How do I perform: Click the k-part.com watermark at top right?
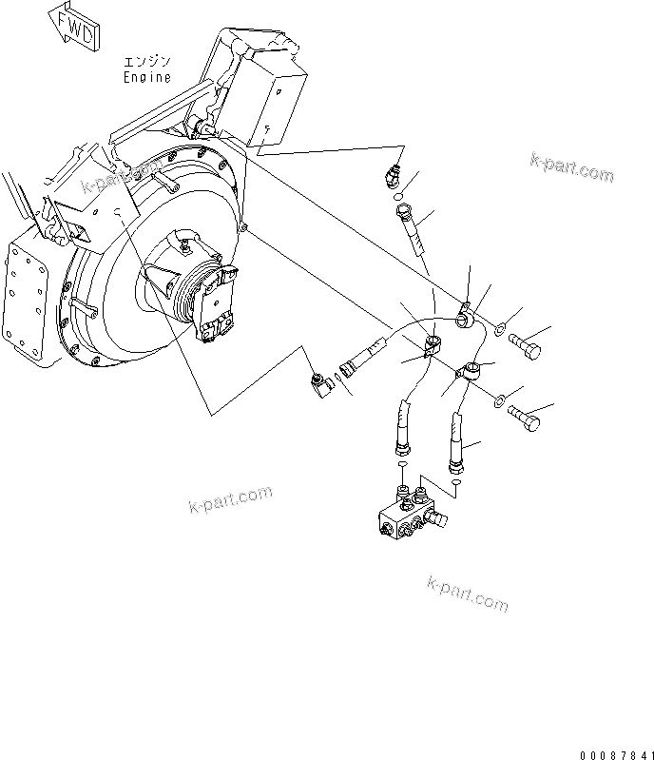[x=571, y=167]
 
